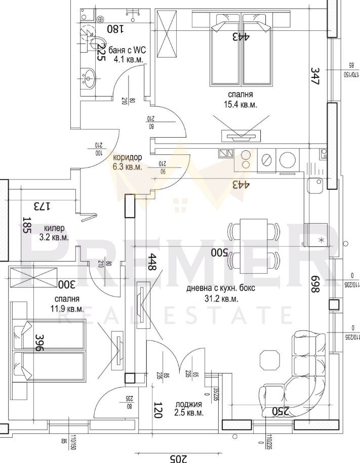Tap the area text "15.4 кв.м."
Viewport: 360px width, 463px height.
pos(241,104)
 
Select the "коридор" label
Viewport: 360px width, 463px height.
pos(128,157)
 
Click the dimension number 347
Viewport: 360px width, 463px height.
pos(315,76)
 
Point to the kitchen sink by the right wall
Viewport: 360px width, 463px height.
pos(316,185)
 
